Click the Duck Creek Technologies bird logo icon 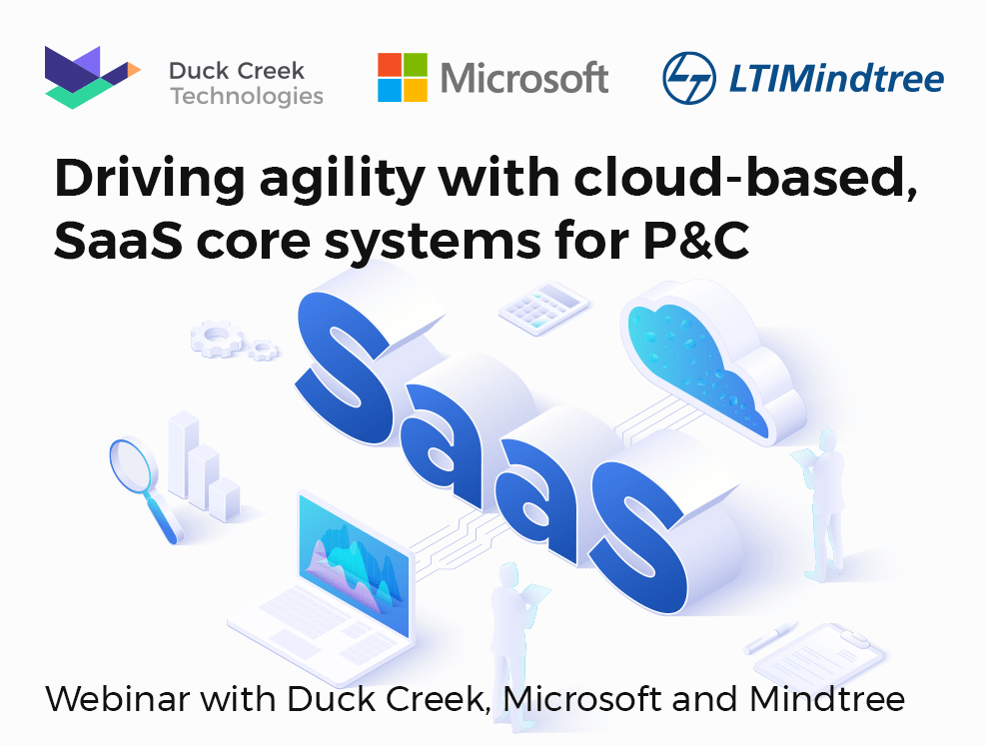pos(93,77)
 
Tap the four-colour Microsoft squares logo pos(403,77)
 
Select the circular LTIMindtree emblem pos(689,78)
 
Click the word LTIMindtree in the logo pos(836,79)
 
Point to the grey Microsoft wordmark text pos(524,78)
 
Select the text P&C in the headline pos(696,240)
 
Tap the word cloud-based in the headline pos(745,177)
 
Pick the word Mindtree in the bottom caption pos(827,699)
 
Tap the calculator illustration pos(543,308)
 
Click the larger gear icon pos(217,339)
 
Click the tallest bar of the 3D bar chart pos(184,455)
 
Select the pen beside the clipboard pos(770,638)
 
